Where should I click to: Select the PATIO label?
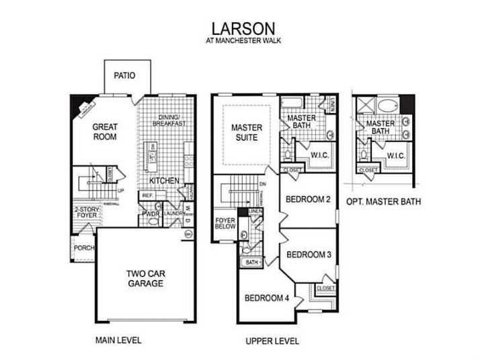(x=124, y=75)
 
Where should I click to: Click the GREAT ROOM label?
(x=105, y=131)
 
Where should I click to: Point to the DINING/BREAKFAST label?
(x=167, y=120)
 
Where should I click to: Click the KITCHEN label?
(x=163, y=180)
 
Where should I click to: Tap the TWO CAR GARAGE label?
(x=146, y=279)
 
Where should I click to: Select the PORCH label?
(x=84, y=247)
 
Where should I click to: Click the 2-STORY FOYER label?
(x=85, y=212)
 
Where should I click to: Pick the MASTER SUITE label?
(x=246, y=132)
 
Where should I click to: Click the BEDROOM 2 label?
(x=307, y=199)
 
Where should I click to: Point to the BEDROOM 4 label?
(x=267, y=298)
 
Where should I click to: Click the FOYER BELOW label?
(x=225, y=224)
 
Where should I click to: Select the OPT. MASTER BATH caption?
(x=384, y=201)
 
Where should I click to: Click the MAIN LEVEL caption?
(x=118, y=340)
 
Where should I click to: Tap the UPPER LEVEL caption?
(x=273, y=340)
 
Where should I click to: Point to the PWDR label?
(x=149, y=214)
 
